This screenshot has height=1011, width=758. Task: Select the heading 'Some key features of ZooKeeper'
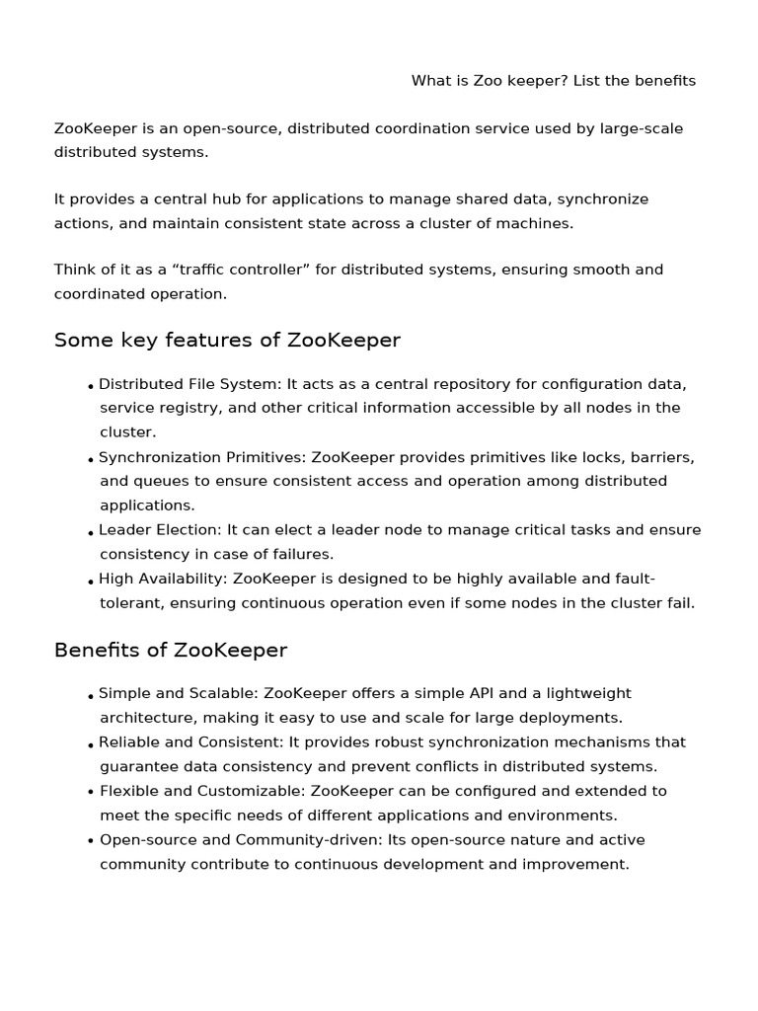(x=227, y=341)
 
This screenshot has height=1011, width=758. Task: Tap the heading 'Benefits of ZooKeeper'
(x=171, y=651)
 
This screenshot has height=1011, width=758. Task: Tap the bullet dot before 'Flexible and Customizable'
(x=91, y=793)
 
